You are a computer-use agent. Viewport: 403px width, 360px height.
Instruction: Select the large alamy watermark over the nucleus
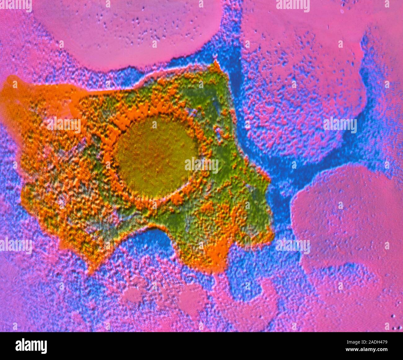(201, 165)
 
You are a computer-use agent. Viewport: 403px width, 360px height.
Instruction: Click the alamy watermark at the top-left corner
(15, 6)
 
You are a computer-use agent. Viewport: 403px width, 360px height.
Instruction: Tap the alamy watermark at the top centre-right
(293, 6)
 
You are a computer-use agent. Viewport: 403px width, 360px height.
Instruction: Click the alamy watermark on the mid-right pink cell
(340, 125)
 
